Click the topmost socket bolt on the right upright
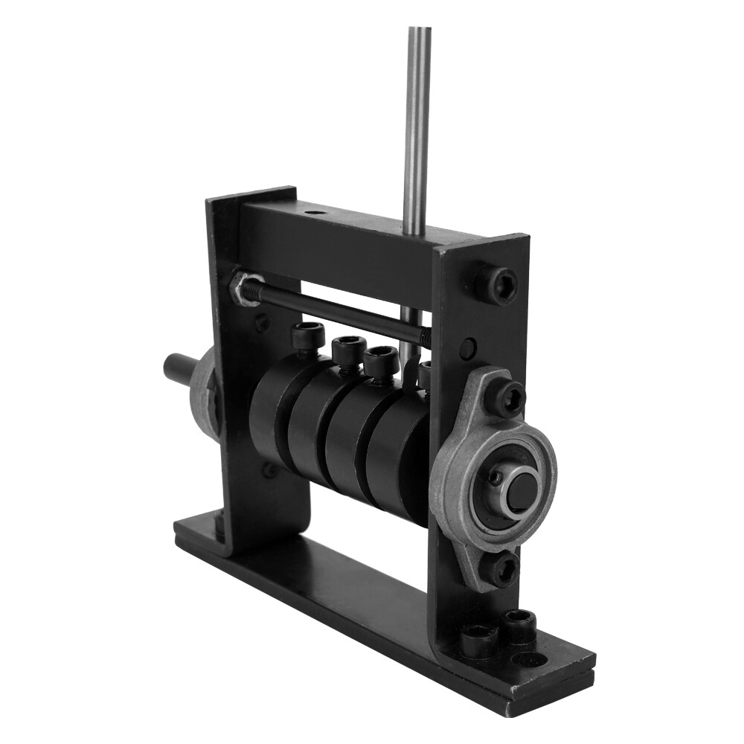[x=496, y=283]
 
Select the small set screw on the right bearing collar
[x=493, y=477]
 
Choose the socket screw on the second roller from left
[x=347, y=349]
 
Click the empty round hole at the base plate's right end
[x=529, y=660]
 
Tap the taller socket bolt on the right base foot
[x=519, y=625]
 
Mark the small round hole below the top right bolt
[x=467, y=347]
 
